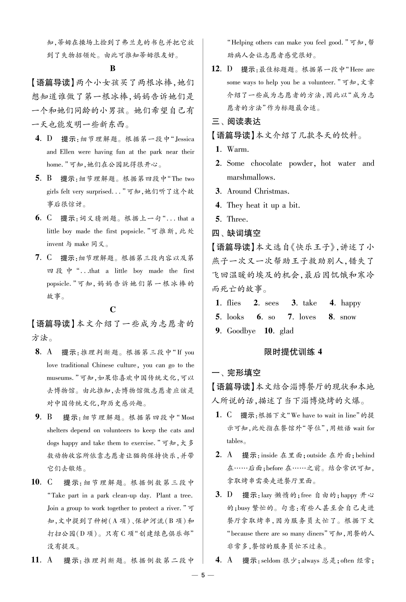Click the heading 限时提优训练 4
pos(293,352)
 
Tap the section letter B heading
pos(113,68)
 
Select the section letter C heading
pos(113,309)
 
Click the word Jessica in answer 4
pos(185,139)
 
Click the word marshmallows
pos(251,177)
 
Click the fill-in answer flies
pos(234,303)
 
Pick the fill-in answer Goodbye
pos(241,331)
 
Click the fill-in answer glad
pos(286,331)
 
